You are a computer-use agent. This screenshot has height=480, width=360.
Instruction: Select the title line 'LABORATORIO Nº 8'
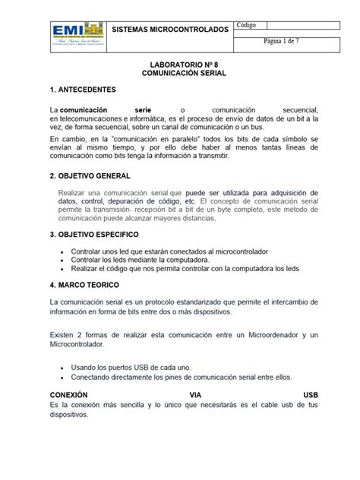[x=179, y=66]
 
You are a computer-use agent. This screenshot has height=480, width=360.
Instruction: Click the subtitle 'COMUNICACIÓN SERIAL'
[x=179, y=76]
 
